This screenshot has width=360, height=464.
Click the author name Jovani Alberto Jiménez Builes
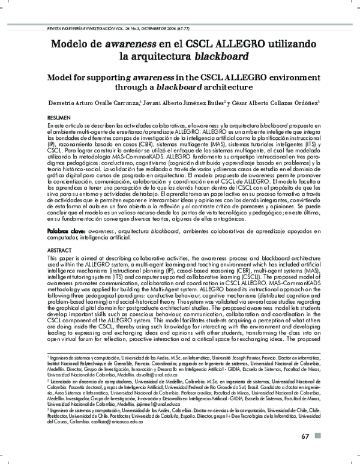coord(184,104)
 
